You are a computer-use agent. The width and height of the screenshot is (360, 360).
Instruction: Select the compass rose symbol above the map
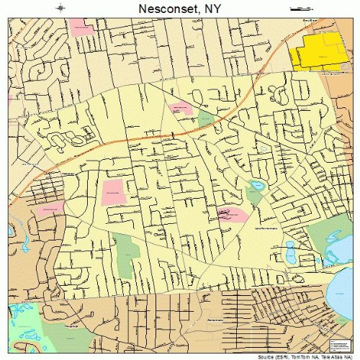click(62, 9)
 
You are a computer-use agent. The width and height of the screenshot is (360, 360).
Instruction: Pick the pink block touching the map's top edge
click(82, 28)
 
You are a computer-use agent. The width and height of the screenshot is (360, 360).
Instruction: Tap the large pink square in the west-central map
click(113, 192)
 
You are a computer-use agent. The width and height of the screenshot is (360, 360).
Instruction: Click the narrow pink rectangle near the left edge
click(50, 210)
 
